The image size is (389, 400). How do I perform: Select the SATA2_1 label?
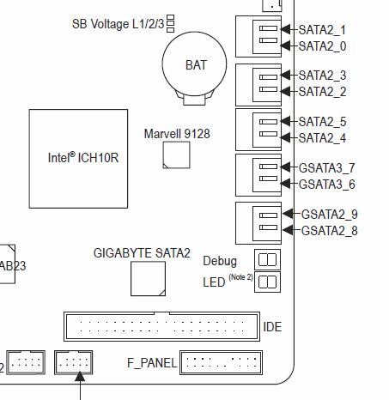point(322,30)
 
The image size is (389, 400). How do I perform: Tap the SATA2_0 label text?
point(322,46)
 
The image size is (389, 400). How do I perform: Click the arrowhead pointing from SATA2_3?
point(285,76)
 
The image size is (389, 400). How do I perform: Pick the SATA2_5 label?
point(322,122)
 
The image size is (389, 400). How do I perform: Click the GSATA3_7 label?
point(327,168)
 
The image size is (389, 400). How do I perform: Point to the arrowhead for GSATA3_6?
point(285,184)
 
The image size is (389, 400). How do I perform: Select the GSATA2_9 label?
point(330,215)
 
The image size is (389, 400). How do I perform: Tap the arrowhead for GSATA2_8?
point(288,230)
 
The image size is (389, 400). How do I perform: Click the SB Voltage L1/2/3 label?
point(119,24)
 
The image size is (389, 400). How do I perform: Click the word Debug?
point(220,261)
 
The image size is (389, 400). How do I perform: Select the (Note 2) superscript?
point(240,277)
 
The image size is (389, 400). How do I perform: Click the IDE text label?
point(272,327)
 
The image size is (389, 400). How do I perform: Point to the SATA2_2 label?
point(322,92)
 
